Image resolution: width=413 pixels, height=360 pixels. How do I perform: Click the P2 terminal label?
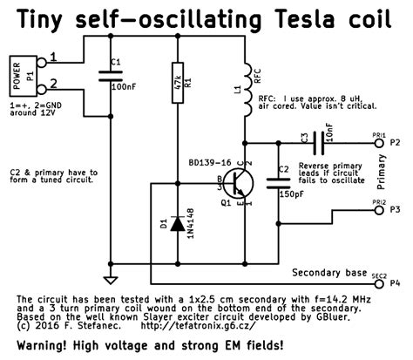[396, 142]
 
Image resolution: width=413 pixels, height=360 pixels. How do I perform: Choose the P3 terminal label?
[396, 210]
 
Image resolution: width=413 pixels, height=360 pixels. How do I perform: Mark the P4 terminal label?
[396, 282]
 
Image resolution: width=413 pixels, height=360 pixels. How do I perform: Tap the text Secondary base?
[328, 273]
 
